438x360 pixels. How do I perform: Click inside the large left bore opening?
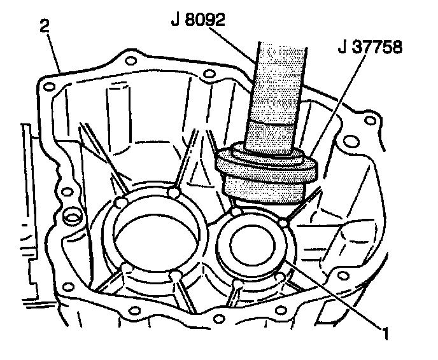click(x=160, y=235)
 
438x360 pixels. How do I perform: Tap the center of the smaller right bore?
click(x=251, y=244)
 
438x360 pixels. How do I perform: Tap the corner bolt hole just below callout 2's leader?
click(x=46, y=82)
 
